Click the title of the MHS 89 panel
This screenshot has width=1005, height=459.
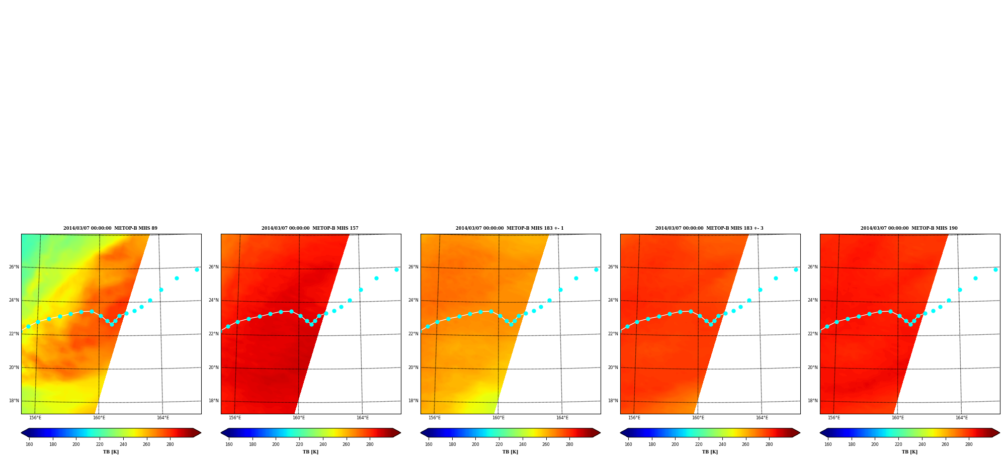[110, 228]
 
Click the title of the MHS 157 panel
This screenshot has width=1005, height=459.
[310, 228]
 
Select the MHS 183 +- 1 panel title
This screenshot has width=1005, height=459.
[510, 228]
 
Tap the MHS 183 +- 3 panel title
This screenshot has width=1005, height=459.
[709, 228]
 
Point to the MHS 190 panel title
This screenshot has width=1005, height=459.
[909, 228]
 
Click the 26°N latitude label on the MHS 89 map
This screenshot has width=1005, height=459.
[14, 267]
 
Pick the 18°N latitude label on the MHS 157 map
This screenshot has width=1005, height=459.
[213, 401]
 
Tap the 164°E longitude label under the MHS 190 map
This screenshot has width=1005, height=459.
[961, 418]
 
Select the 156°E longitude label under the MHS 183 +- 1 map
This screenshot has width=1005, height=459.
[435, 418]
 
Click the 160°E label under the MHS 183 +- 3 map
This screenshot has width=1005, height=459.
[698, 418]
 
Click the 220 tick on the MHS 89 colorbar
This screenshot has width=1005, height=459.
[100, 444]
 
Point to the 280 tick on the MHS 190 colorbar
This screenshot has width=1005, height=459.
[969, 444]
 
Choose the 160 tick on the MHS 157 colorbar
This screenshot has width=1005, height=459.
[229, 444]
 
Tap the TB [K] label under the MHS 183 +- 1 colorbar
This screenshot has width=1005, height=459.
[510, 452]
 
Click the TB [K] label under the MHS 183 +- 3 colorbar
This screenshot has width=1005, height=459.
[710, 452]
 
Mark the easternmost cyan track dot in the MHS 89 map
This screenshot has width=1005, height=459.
[197, 269]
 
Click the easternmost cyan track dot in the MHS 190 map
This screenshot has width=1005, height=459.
[995, 269]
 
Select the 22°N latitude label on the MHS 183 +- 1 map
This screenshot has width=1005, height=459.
[413, 334]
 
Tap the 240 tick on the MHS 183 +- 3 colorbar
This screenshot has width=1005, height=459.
[722, 444]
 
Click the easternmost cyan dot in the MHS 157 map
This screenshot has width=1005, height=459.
[396, 269]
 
